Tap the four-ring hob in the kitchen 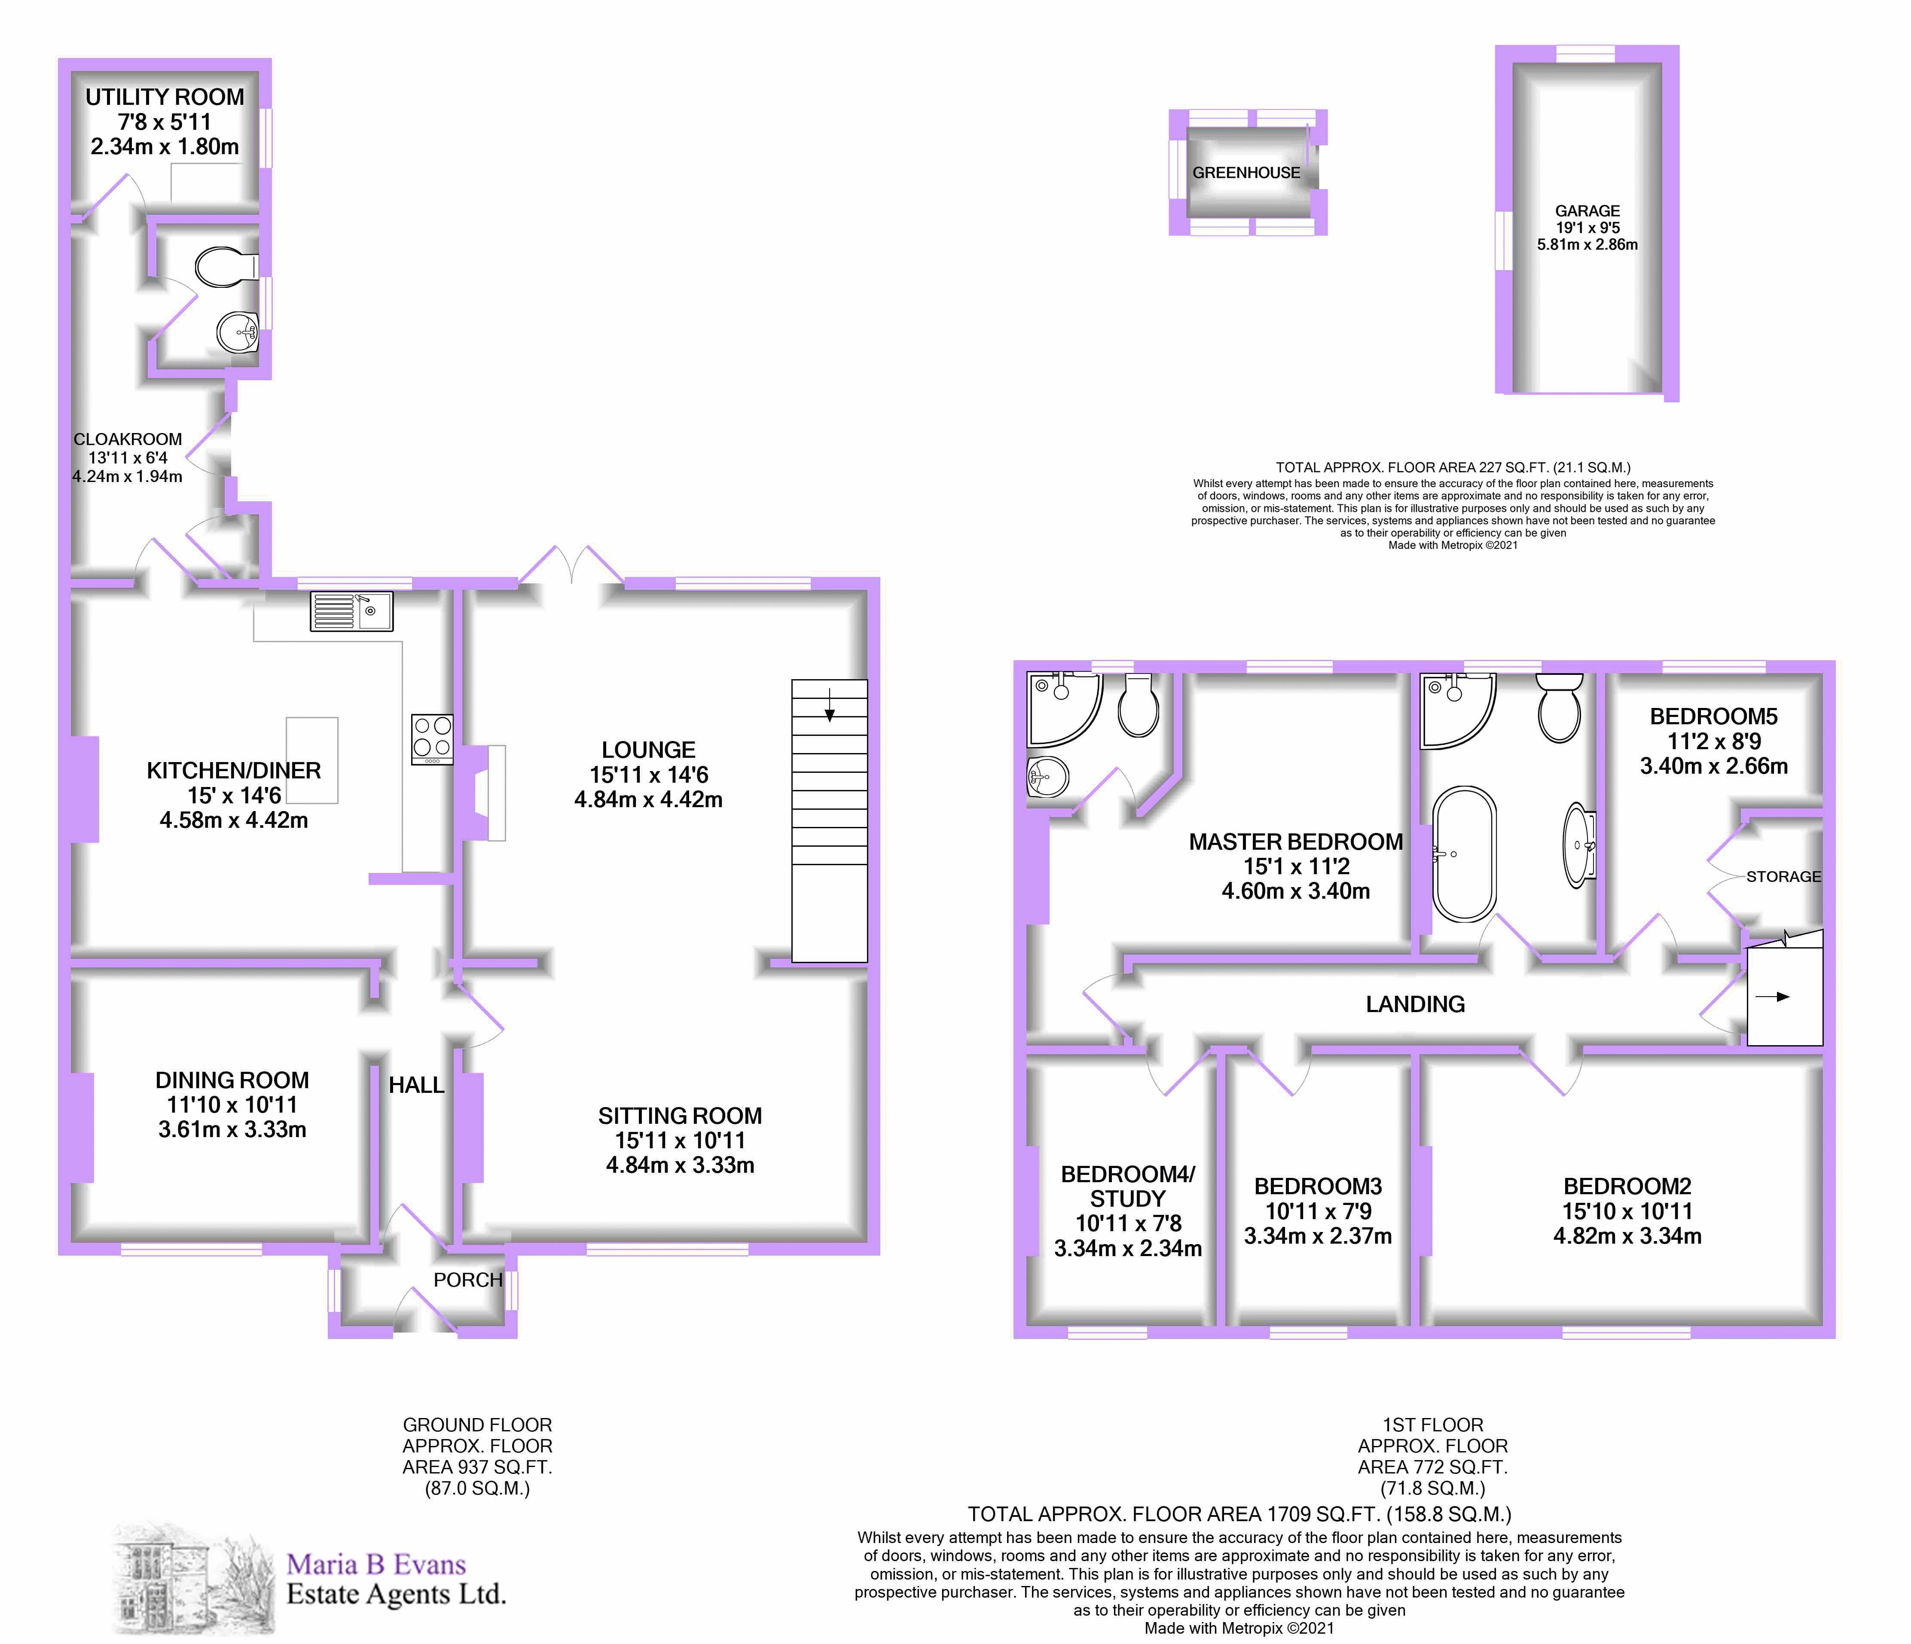[432, 738]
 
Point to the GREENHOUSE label [1246, 172]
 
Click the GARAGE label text [1587, 211]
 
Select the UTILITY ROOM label [165, 97]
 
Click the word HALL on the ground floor [416, 1085]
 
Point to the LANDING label [1415, 1004]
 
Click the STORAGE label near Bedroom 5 [1783, 877]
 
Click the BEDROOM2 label [1627, 1186]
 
